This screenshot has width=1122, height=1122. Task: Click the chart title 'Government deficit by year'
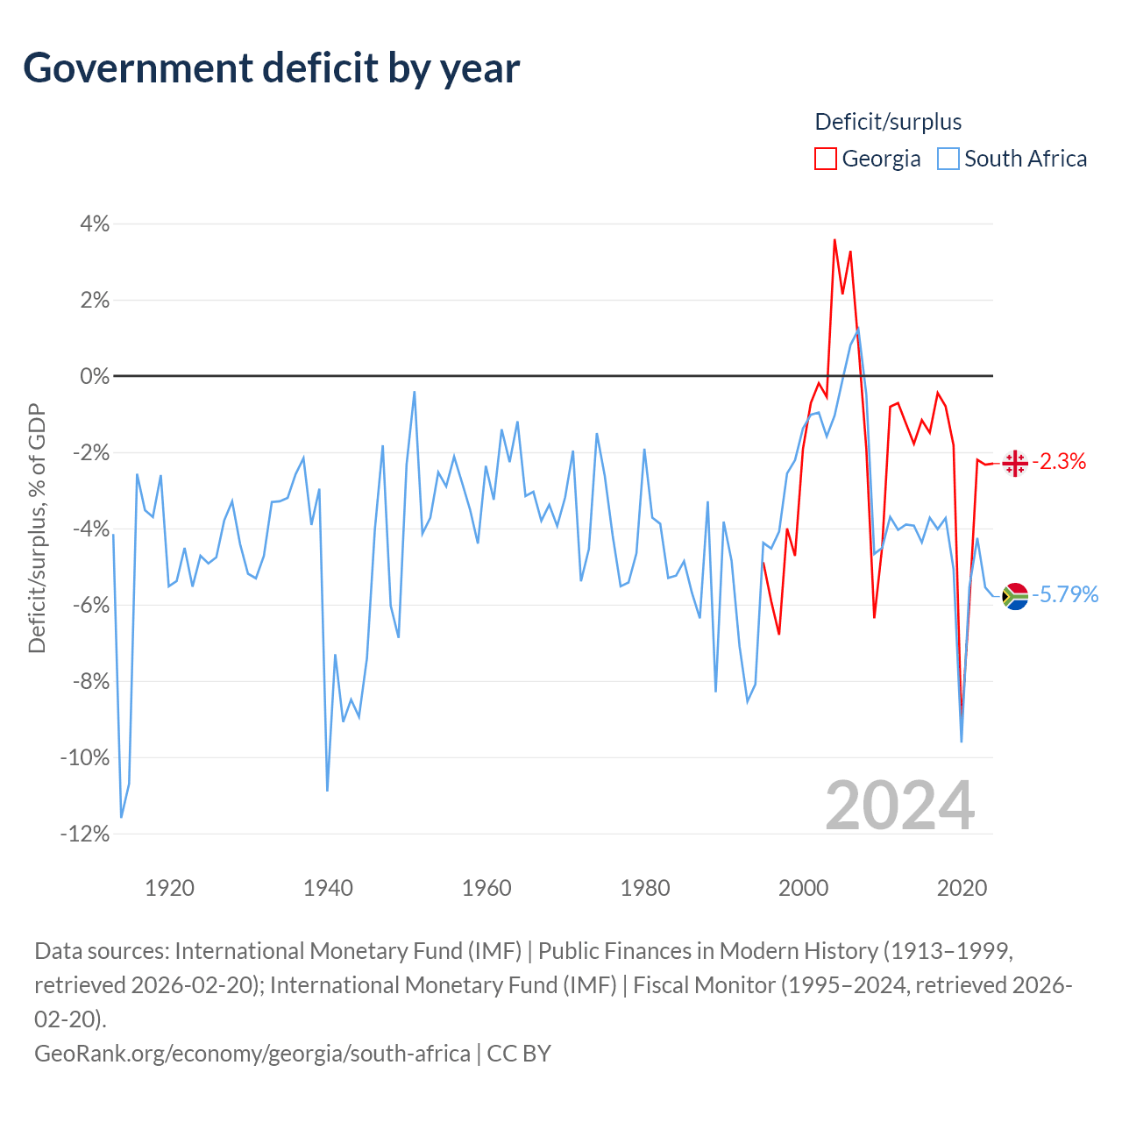tap(271, 68)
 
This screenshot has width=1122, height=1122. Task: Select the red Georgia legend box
tap(825, 159)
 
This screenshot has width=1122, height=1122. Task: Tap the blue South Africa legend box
tap(948, 159)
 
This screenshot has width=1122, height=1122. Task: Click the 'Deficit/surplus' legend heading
tap(888, 122)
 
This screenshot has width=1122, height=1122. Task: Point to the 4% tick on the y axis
tap(95, 224)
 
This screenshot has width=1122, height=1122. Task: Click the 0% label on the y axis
tap(95, 376)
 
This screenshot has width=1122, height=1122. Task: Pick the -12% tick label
tap(85, 834)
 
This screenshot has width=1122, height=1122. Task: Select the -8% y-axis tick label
tap(90, 681)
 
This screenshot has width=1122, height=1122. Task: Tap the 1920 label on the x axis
tap(169, 888)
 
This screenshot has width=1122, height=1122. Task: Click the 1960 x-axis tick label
tap(486, 888)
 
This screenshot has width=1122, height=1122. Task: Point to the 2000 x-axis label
tap(803, 888)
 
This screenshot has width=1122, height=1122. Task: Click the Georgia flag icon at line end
tap(1015, 464)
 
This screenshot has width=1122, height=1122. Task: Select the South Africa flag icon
tap(1015, 596)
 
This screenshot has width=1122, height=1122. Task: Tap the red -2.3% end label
tap(1059, 461)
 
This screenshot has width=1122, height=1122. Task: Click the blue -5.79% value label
tap(1066, 594)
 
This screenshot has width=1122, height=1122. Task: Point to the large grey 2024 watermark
tap(899, 806)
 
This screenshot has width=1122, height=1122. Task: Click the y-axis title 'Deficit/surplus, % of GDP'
tap(37, 528)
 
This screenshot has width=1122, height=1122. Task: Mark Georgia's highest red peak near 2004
tap(834, 240)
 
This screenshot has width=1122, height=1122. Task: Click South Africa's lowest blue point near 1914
tap(121, 817)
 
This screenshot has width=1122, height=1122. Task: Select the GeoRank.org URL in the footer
tap(252, 1054)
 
